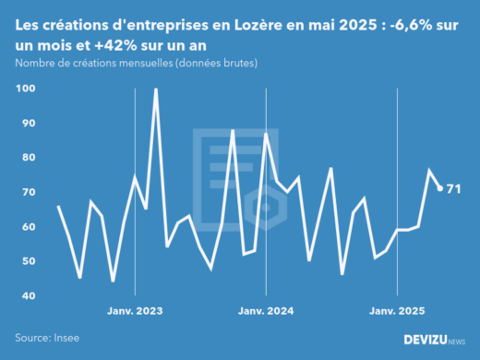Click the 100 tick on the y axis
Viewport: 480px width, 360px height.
(x=25, y=89)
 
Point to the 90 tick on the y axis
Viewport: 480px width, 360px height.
(x=28, y=123)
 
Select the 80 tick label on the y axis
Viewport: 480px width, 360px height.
(x=28, y=158)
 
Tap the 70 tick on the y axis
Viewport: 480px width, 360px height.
(x=28, y=192)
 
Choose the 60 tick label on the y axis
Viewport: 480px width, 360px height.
(x=28, y=227)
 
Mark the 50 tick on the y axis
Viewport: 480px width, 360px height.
(x=28, y=261)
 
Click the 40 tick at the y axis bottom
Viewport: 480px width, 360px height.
(x=28, y=295)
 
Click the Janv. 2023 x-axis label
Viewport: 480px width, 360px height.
(x=136, y=311)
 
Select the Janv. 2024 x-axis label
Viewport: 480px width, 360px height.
(x=266, y=311)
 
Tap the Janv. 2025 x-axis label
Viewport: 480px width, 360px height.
(x=396, y=311)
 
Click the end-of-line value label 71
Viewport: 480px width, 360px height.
(x=453, y=189)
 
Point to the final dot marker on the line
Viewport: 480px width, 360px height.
(x=440, y=188)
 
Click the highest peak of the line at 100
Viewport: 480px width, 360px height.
(x=155, y=89)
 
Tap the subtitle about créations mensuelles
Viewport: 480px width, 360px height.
(x=137, y=63)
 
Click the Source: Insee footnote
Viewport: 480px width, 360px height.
(x=45, y=338)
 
